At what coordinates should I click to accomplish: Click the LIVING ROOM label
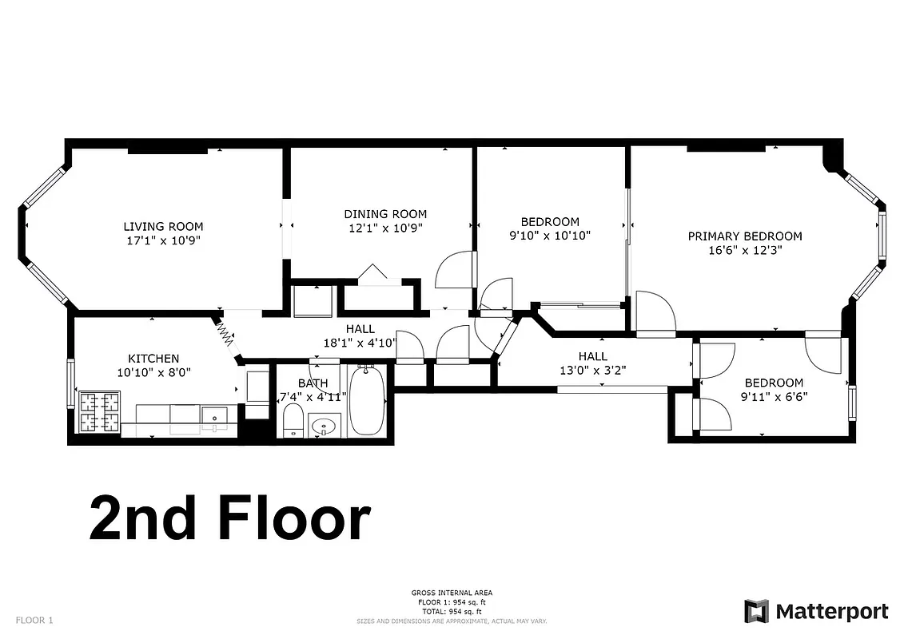click(x=163, y=226)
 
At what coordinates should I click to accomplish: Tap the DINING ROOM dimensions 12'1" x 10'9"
click(x=385, y=228)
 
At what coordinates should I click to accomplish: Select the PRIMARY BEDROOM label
click(x=745, y=236)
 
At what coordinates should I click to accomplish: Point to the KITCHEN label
click(x=153, y=359)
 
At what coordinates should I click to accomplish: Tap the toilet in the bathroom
click(x=293, y=420)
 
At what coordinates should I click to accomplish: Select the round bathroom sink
click(x=325, y=426)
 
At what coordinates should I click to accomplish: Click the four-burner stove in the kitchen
click(x=99, y=411)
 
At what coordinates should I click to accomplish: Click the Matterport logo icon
click(x=756, y=611)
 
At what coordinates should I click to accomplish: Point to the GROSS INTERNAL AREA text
click(x=452, y=593)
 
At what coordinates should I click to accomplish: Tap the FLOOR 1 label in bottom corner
click(x=34, y=620)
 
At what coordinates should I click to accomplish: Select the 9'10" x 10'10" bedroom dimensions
click(x=549, y=236)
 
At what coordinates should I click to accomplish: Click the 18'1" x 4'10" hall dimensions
click(x=360, y=343)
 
